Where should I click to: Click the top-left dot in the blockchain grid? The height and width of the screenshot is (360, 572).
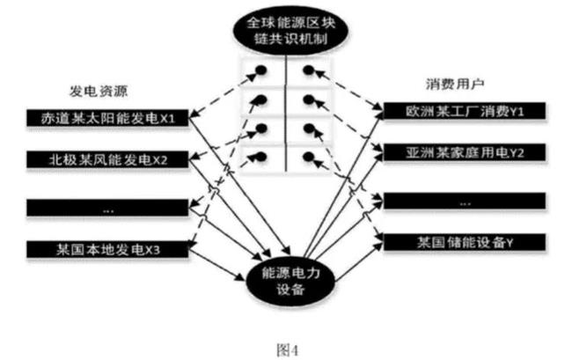(x=260, y=70)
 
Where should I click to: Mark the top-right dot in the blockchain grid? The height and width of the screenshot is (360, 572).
(x=308, y=70)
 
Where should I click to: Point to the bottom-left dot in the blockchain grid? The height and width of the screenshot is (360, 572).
(x=260, y=158)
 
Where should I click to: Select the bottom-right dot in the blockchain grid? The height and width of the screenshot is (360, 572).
(x=308, y=158)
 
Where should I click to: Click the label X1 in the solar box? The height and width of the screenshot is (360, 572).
(x=176, y=118)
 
